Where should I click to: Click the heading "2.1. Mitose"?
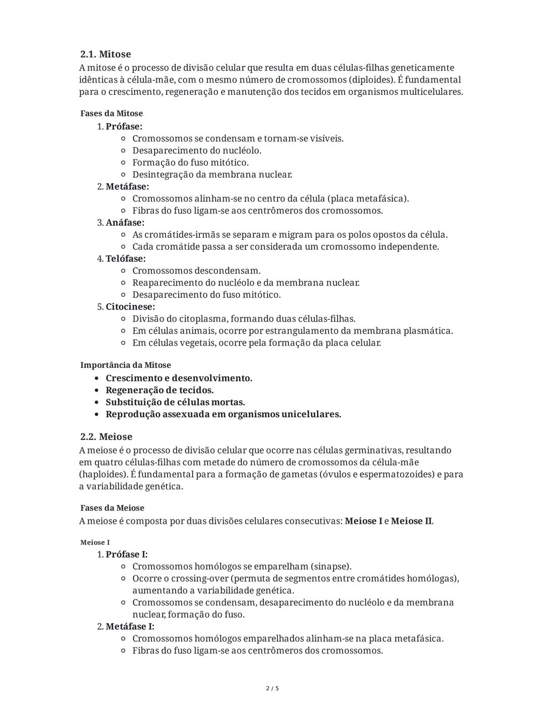coord(105,54)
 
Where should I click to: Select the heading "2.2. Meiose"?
coord(106,437)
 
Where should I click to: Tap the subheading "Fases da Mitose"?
coord(112,114)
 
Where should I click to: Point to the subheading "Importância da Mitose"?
coord(126,365)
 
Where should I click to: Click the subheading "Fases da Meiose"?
coord(112,508)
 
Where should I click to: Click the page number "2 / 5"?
coord(272,688)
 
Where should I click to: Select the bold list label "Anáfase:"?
coord(125,223)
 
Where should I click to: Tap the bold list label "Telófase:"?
coord(126,258)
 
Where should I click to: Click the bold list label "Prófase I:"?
coord(127,554)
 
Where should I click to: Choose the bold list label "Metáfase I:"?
coord(130,626)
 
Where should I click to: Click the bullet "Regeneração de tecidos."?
coord(159,390)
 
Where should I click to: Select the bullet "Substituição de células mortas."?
coord(175,402)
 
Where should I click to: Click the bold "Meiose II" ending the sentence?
coord(411,521)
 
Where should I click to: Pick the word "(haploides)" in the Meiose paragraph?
coord(103,474)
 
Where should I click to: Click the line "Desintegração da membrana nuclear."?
coord(212,175)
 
